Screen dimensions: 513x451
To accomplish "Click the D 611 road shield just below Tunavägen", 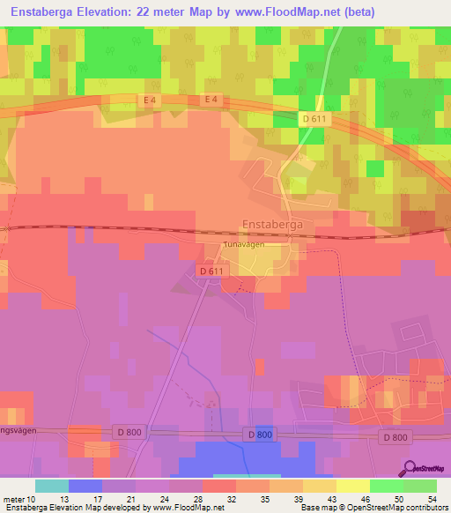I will (x=211, y=271).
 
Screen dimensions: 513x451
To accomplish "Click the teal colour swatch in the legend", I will (x=52, y=486).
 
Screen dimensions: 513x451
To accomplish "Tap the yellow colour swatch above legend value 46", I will (x=353, y=486).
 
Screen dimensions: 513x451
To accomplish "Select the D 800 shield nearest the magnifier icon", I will (x=396, y=437).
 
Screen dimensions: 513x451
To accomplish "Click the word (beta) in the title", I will (x=353, y=12).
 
